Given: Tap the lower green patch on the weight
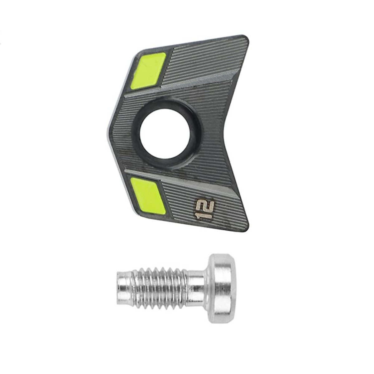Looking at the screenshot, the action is point(148,194).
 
